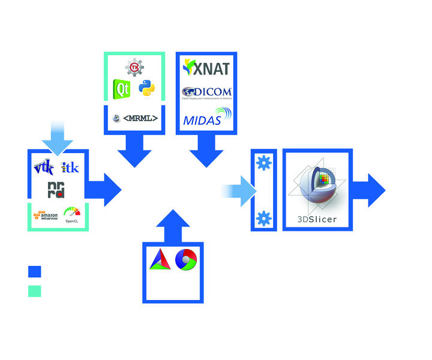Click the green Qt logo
(122, 89)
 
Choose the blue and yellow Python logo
(146, 89)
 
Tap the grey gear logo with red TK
(135, 67)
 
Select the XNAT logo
(206, 68)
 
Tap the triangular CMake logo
(160, 259)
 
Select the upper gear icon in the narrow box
(263, 163)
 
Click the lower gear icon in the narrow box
(263, 218)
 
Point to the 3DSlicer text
(317, 220)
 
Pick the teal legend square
(35, 291)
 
